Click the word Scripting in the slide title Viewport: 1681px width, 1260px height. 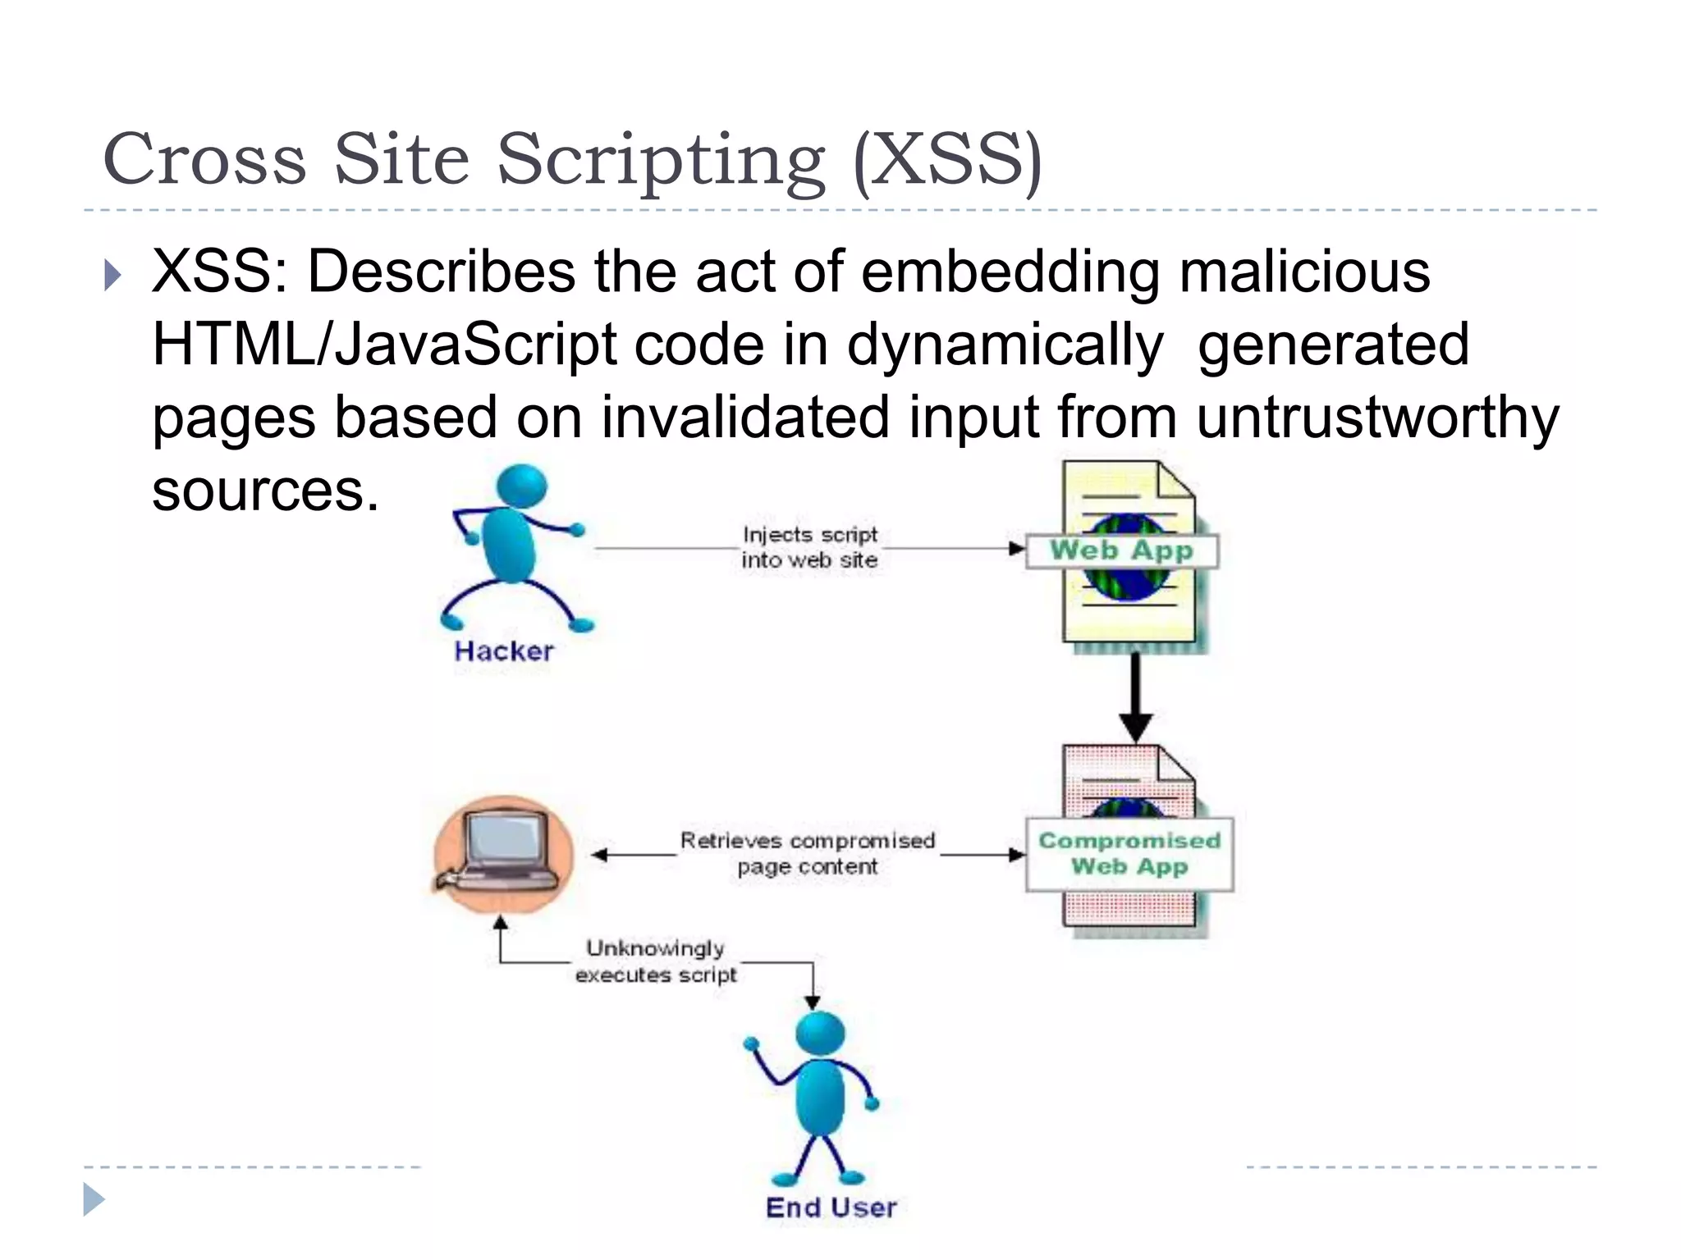point(661,160)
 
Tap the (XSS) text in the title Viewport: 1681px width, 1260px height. point(947,160)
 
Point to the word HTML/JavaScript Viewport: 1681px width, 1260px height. point(384,345)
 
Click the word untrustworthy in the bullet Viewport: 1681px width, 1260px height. point(1376,417)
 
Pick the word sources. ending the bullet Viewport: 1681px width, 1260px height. point(265,491)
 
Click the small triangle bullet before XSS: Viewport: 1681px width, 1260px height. point(113,276)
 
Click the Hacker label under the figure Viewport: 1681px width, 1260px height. point(503,651)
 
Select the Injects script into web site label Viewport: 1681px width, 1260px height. point(809,547)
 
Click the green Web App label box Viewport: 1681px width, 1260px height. point(1121,550)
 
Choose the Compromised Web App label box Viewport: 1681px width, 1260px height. point(1129,854)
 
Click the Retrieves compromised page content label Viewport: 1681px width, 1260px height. point(808,854)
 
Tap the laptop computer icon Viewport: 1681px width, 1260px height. point(502,853)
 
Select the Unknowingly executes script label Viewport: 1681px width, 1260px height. point(656,961)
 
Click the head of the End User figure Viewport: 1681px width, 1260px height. point(820,1034)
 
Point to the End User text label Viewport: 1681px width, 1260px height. point(831,1207)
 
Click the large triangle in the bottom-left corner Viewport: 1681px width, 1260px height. point(94,1200)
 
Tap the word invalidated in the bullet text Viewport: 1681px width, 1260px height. point(745,417)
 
